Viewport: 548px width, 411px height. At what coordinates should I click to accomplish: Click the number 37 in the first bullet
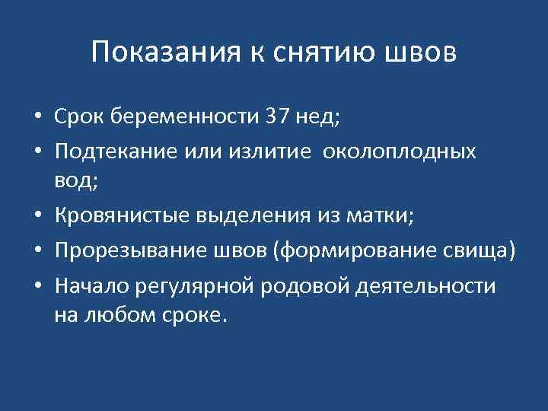tap(276, 117)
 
